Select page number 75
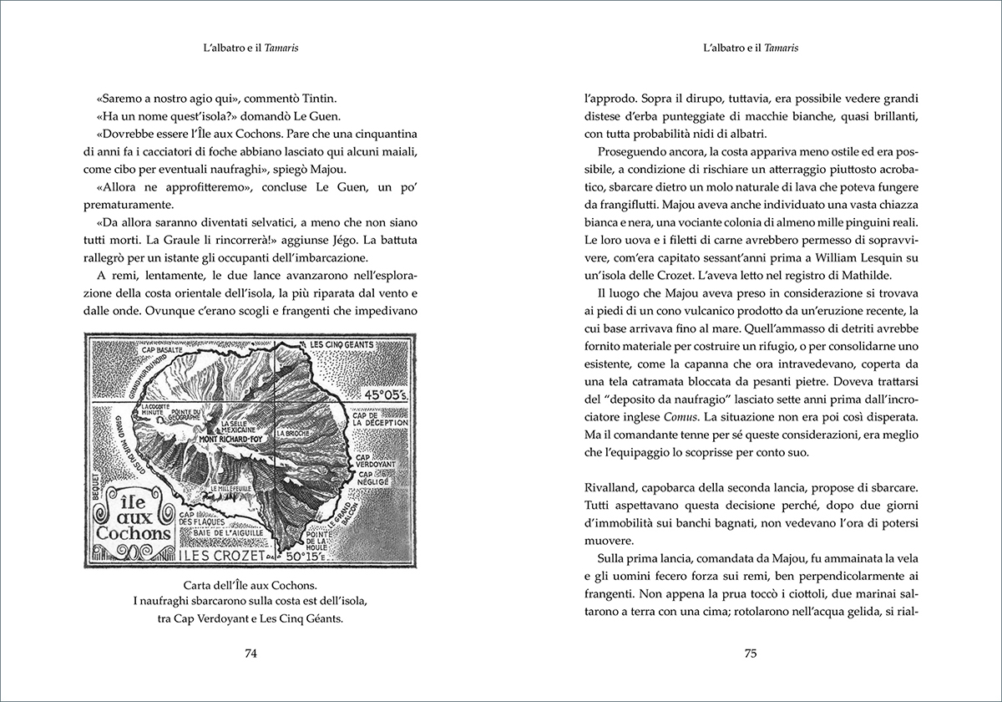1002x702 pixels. [750, 654]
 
